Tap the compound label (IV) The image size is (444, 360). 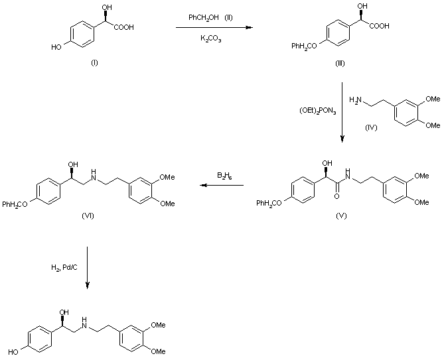click(x=372, y=129)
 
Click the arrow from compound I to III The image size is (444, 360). click(x=214, y=28)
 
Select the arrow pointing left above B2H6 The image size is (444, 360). click(x=222, y=186)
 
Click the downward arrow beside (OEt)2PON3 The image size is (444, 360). click(x=342, y=112)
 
